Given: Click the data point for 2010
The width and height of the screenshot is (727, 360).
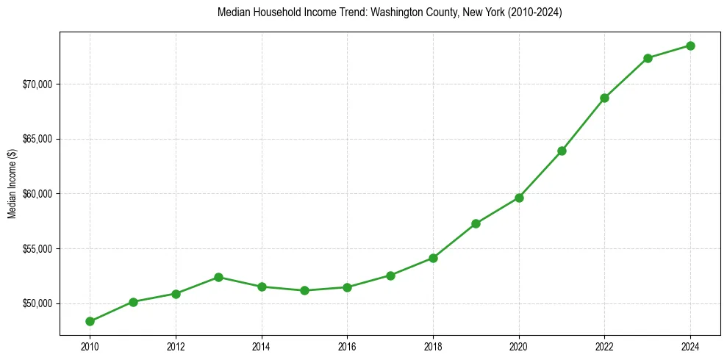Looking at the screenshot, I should pyautogui.click(x=90, y=321).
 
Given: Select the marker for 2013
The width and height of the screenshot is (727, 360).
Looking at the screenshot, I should pyautogui.click(x=218, y=277).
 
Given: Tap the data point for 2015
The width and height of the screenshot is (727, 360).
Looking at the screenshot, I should pyautogui.click(x=304, y=290).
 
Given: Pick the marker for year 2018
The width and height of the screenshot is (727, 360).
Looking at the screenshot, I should pyautogui.click(x=433, y=258).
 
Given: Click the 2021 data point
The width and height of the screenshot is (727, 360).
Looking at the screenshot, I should pyautogui.click(x=562, y=151).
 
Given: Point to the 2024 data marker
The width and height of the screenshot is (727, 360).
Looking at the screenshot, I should pyautogui.click(x=691, y=46).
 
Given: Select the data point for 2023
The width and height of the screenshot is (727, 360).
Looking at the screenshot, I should pyautogui.click(x=648, y=58).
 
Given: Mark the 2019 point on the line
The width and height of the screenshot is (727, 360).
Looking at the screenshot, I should pyautogui.click(x=476, y=223).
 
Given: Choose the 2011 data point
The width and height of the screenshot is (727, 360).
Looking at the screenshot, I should pyautogui.click(x=133, y=302).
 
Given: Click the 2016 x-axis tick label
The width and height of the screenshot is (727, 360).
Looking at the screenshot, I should pyautogui.click(x=347, y=346).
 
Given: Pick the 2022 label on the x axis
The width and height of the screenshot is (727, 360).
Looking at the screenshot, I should pyautogui.click(x=604, y=346).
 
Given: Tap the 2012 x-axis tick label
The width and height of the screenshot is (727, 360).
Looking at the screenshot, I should pyautogui.click(x=176, y=346).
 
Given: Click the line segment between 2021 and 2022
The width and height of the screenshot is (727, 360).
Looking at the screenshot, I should pyautogui.click(x=583, y=124).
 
